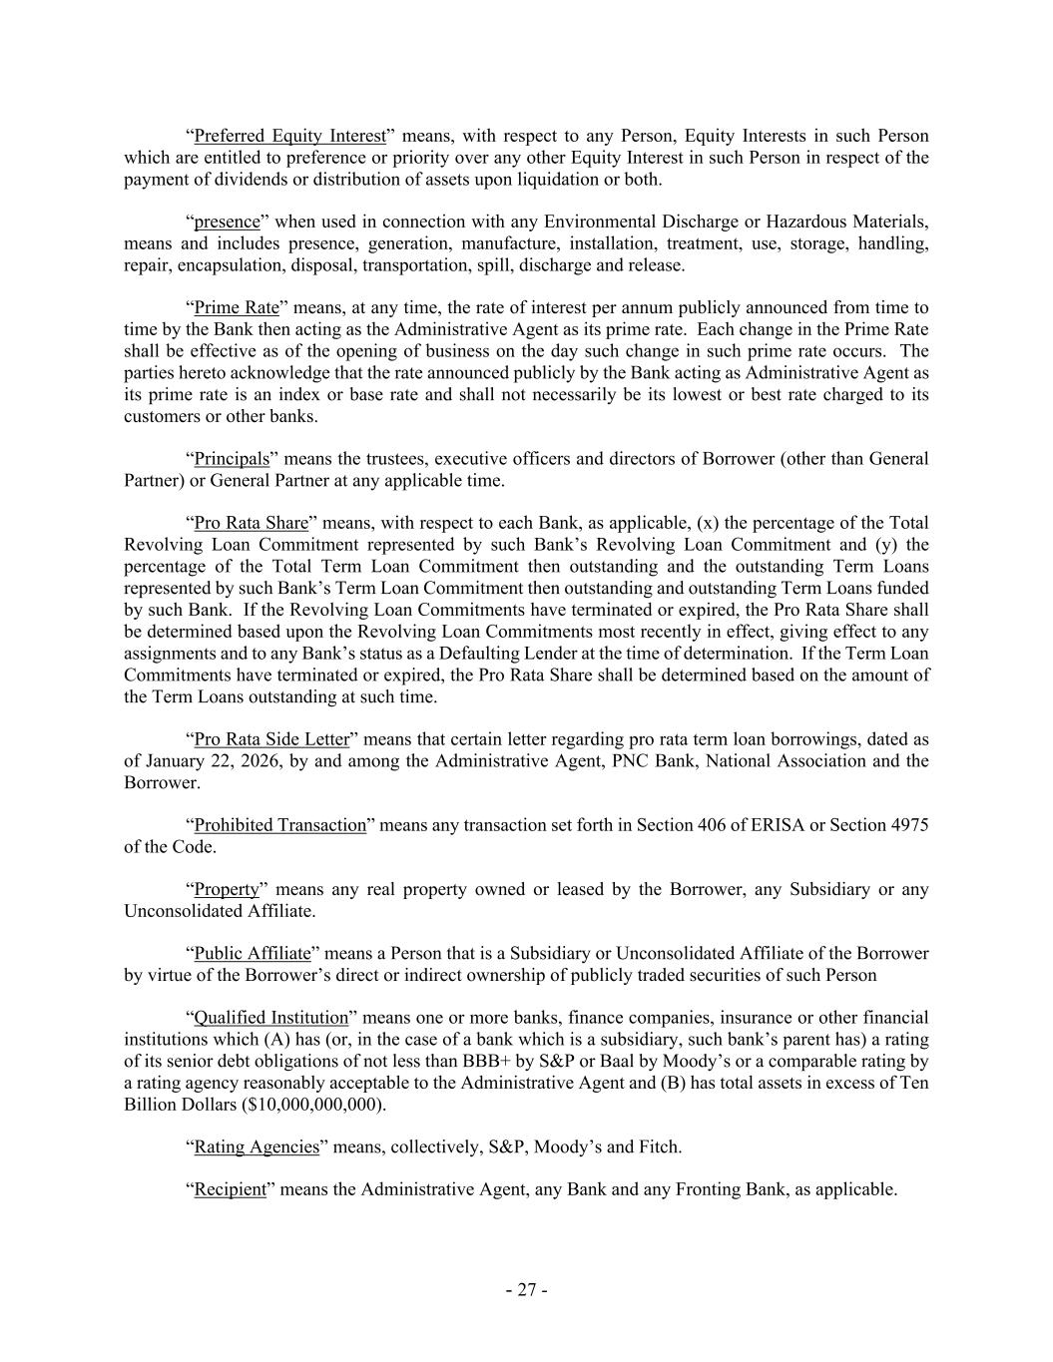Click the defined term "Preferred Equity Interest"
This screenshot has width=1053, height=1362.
(289, 136)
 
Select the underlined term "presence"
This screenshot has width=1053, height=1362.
(227, 222)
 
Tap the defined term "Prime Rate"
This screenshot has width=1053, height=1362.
(236, 307)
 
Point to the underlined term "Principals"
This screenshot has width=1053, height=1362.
(232, 459)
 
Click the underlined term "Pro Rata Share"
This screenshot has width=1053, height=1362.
(251, 523)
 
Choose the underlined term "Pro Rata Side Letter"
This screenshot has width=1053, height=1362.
(271, 739)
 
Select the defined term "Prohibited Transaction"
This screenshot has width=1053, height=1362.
(279, 825)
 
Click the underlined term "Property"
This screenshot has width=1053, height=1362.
(226, 889)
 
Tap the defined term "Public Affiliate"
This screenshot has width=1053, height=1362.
(252, 953)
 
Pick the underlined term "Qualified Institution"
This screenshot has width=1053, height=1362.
(270, 1018)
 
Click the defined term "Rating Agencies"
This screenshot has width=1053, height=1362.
(256, 1146)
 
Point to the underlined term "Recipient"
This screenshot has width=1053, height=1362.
(230, 1189)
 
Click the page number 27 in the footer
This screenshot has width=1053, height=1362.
(526, 1290)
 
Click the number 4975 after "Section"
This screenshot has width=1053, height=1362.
(908, 825)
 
